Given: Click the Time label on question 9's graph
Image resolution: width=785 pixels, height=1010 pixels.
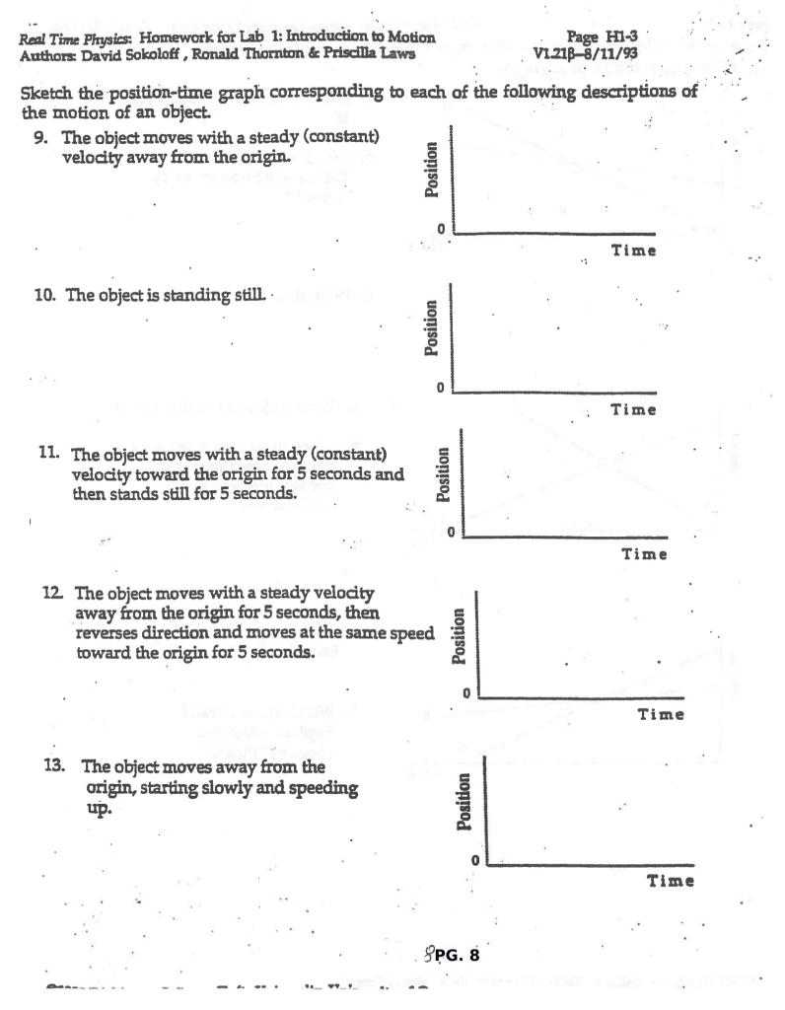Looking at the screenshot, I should [x=633, y=251].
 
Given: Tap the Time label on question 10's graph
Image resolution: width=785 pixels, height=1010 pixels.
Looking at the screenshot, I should [x=632, y=409].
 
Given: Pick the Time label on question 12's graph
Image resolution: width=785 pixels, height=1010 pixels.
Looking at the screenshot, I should [x=661, y=715].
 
